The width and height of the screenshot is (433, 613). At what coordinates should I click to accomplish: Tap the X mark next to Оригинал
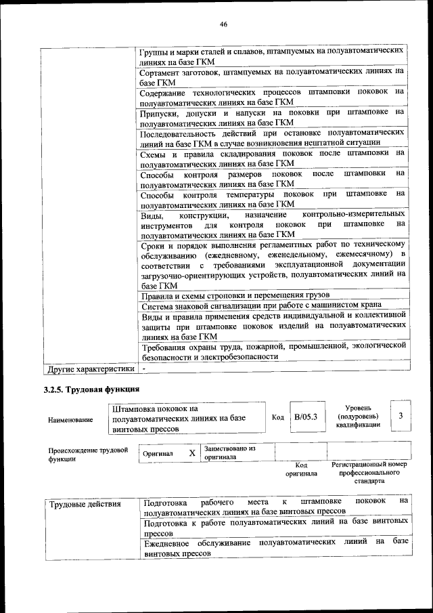tap(191, 453)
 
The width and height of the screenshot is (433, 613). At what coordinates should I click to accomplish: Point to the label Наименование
tap(70, 420)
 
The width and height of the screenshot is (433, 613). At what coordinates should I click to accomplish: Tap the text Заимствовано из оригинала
tap(229, 452)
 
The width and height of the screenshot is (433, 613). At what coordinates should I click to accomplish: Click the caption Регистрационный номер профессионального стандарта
tap(369, 472)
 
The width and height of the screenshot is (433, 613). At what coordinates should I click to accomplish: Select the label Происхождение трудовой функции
tap(88, 454)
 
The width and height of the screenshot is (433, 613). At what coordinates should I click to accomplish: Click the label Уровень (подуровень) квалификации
tap(357, 416)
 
